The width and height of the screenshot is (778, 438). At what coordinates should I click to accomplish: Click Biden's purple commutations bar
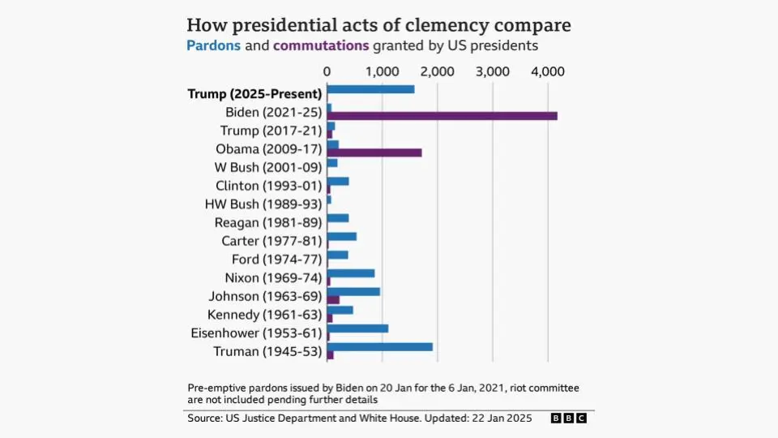[442, 116]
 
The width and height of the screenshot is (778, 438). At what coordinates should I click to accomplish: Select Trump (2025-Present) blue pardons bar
[370, 89]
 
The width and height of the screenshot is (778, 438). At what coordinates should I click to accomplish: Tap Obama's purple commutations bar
[374, 152]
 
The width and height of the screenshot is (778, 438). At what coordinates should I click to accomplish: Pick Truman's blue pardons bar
[380, 346]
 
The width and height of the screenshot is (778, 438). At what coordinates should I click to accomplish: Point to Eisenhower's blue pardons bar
[357, 328]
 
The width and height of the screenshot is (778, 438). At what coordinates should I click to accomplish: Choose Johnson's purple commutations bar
[333, 300]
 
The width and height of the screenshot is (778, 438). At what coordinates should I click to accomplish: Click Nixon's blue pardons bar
[351, 273]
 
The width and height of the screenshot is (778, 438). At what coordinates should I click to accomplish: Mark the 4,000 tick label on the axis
[548, 71]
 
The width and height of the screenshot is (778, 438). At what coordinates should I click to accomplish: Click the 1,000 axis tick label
[382, 71]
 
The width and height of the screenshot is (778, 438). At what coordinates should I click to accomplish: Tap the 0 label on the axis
[327, 71]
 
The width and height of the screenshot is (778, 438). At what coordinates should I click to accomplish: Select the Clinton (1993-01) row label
[269, 186]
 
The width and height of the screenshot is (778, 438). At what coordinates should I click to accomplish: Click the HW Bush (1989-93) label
[263, 204]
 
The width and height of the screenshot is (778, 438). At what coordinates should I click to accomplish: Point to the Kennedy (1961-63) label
[265, 315]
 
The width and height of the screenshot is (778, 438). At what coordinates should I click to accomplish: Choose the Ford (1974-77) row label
[277, 260]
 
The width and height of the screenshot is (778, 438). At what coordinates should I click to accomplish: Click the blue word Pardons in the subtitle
[213, 45]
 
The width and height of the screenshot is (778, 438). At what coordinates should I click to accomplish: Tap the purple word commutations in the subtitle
[321, 45]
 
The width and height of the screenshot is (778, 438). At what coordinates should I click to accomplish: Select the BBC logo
[569, 419]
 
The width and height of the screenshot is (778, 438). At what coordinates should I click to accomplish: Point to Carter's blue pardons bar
[342, 236]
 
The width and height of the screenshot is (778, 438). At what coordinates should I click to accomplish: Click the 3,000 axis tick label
[493, 71]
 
